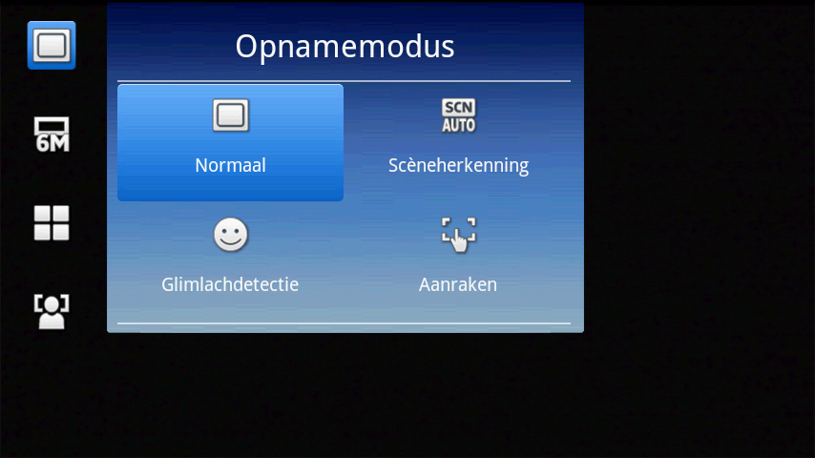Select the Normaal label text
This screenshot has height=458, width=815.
coord(230,165)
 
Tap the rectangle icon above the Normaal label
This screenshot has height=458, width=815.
coord(230,114)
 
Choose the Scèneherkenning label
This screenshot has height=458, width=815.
coord(458,165)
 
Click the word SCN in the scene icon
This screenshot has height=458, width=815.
coord(458,107)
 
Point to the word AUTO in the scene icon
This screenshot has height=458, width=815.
coord(458,125)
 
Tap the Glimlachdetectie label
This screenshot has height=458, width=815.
coord(230,284)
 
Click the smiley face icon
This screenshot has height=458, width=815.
coord(230,235)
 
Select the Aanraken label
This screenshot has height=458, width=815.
coord(458,285)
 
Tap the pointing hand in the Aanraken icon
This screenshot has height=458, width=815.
coord(459,241)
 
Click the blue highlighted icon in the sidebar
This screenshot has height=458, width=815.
coord(52,45)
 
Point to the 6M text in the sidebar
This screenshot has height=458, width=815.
coord(52,142)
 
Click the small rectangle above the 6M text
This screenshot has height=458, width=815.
coord(52,125)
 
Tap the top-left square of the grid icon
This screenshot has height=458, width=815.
coord(42,214)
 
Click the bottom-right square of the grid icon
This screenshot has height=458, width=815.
coord(61,232)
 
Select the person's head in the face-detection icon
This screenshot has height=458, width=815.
coord(52,304)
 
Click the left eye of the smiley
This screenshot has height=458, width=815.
coord(224,231)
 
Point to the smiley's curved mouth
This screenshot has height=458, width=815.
coord(230,241)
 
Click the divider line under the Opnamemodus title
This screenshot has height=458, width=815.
coord(345,81)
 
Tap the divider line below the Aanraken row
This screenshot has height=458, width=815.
coord(345,323)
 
